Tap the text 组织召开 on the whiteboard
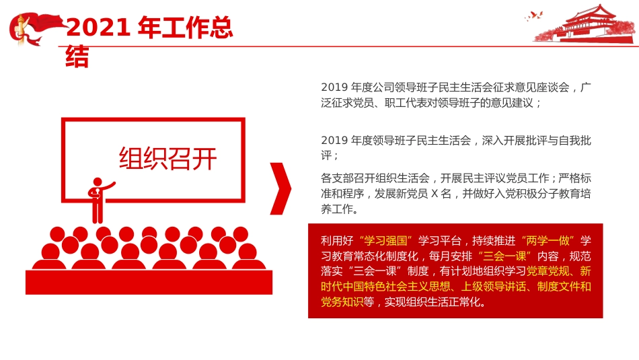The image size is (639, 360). pyautogui.click(x=168, y=158)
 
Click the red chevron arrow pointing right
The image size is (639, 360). pyautogui.click(x=281, y=188)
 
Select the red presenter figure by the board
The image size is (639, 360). pyautogui.click(x=99, y=199)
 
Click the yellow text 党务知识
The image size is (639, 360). pyautogui.click(x=342, y=302)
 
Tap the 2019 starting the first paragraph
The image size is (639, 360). pyautogui.click(x=333, y=87)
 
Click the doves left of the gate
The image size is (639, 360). pyautogui.click(x=535, y=15)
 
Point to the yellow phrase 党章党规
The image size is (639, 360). pyautogui.click(x=549, y=271)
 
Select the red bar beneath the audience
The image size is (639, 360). pyautogui.click(x=149, y=282)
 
